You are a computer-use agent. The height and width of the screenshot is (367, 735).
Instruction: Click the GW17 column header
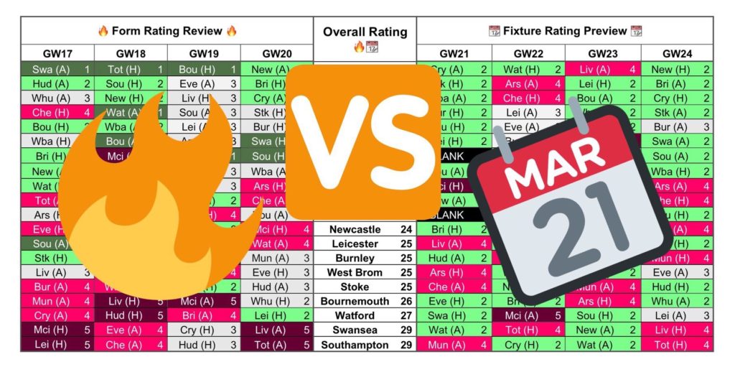coord(57,54)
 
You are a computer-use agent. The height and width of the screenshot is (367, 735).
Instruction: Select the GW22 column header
coord(528,54)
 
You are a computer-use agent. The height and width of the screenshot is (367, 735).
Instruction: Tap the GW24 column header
coord(677,54)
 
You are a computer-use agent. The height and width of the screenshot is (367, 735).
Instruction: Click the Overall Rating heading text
coord(365,32)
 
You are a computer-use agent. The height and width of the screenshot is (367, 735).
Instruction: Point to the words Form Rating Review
coord(167,31)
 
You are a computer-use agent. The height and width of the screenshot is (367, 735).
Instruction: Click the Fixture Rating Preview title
coord(565,31)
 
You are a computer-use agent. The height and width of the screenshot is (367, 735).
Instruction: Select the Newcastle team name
coord(355,230)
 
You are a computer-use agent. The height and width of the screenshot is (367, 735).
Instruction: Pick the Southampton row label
coord(355,345)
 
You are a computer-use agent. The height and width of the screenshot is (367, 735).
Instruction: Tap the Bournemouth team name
coord(355,302)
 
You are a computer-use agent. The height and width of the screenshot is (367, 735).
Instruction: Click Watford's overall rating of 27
coord(406,316)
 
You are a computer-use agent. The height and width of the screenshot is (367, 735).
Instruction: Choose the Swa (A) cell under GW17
coord(52,70)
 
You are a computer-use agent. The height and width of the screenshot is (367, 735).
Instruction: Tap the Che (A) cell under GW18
coord(124,345)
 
